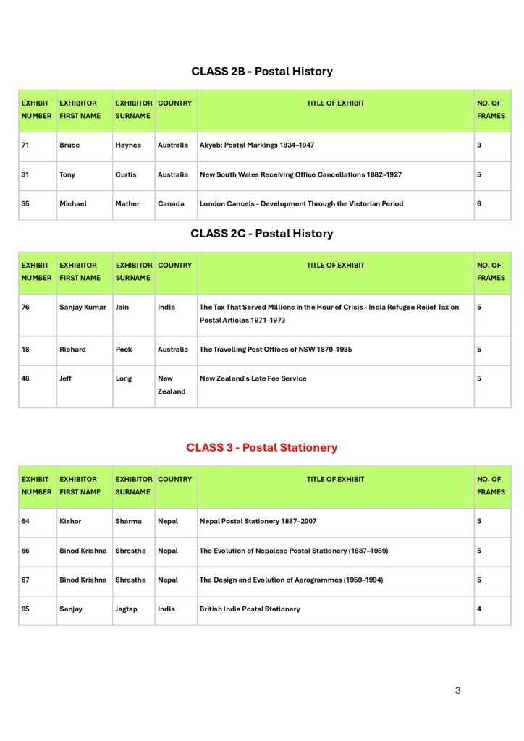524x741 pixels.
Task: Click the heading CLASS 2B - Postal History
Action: tap(262, 72)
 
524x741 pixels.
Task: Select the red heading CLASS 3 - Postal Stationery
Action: tap(262, 447)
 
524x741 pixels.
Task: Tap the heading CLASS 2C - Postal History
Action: tap(262, 234)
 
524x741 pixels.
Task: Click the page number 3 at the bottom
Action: tap(457, 690)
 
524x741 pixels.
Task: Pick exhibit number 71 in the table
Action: tap(25, 145)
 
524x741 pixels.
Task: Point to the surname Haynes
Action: tap(128, 145)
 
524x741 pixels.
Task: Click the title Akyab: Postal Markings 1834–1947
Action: tap(257, 145)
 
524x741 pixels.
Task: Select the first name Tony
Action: tap(67, 174)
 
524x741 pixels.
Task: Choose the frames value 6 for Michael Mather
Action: tap(479, 204)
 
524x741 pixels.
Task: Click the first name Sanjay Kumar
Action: tap(83, 308)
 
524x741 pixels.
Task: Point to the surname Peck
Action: tap(124, 350)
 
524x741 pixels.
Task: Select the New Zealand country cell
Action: tap(172, 385)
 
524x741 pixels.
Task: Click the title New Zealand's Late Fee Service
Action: tap(253, 378)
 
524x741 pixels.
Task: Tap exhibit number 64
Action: tap(25, 521)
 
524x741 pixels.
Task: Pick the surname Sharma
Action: tap(129, 521)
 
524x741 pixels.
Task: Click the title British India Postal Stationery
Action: tap(250, 609)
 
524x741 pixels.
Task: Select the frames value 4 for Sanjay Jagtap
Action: tap(479, 609)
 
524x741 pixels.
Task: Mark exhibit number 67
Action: tap(25, 580)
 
